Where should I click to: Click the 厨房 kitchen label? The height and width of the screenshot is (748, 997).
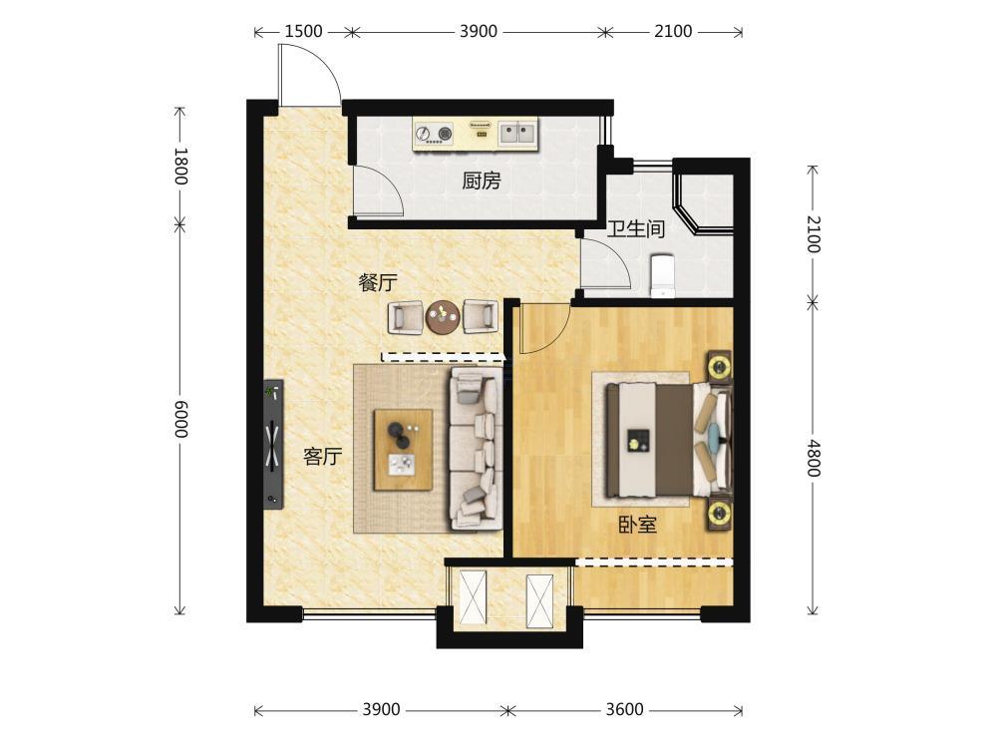[482, 182]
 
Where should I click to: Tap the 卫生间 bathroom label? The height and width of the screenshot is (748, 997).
[636, 228]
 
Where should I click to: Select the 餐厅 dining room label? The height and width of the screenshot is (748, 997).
[378, 282]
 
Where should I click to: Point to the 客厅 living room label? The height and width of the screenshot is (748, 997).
[322, 456]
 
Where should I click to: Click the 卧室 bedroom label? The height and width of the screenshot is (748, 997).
[638, 525]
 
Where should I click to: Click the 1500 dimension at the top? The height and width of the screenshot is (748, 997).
[303, 31]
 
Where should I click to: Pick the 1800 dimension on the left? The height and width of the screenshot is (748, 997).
[180, 166]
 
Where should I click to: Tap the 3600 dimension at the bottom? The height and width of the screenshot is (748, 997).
[624, 709]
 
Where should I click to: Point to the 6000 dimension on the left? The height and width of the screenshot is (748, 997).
[180, 419]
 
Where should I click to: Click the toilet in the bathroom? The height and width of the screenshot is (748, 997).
[663, 276]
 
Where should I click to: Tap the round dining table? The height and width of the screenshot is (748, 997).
[443, 317]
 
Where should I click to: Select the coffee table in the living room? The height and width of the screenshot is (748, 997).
[403, 450]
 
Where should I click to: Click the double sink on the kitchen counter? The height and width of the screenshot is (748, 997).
[517, 133]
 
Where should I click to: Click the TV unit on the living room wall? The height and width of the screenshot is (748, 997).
[273, 444]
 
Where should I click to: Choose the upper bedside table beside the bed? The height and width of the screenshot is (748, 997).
[721, 368]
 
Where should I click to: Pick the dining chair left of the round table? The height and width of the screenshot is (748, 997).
[405, 317]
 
